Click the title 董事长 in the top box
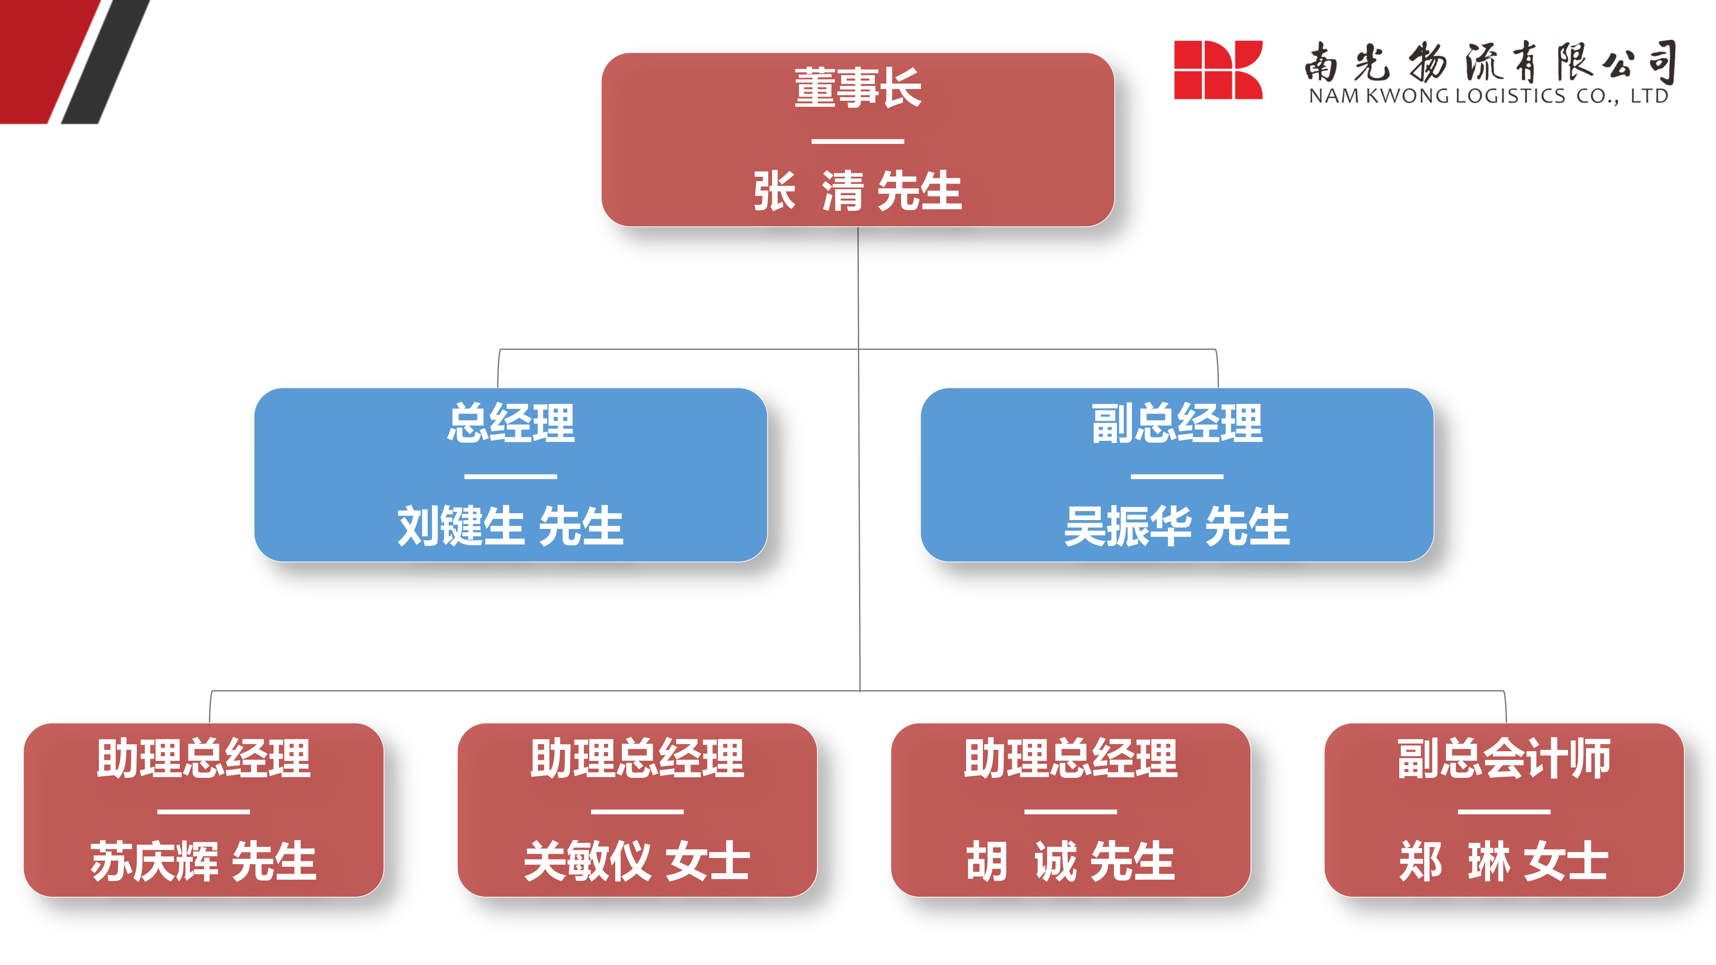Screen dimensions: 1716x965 858,88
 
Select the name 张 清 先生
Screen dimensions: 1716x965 858,191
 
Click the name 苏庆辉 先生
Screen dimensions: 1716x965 204,861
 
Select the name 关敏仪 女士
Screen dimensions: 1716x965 637,861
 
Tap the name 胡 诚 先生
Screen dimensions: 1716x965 1070,861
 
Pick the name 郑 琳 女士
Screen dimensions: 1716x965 1504,861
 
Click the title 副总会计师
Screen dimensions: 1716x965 1504,759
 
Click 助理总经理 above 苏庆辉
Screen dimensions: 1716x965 204,759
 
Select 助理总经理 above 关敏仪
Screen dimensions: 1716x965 637,759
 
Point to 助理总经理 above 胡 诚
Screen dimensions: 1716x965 1070,759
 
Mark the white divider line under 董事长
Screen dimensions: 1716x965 858,141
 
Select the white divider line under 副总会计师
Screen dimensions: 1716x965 1504,812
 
